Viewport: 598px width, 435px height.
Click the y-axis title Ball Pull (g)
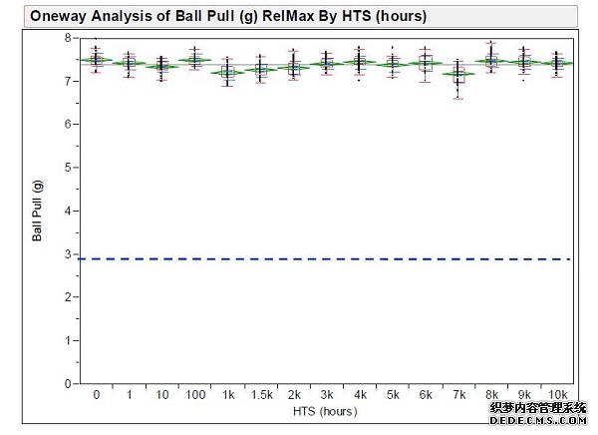pyautogui.click(x=37, y=211)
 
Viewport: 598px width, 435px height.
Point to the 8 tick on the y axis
pyautogui.click(x=68, y=38)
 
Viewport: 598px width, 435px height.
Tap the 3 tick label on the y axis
pyautogui.click(x=68, y=254)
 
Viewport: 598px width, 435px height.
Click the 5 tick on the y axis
pyautogui.click(x=68, y=168)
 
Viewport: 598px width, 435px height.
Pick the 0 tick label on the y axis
pyautogui.click(x=68, y=383)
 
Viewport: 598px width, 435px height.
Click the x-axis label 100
pyautogui.click(x=194, y=396)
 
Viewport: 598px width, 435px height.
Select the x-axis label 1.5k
pyautogui.click(x=260, y=396)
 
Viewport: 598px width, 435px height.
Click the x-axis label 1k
pyautogui.click(x=227, y=396)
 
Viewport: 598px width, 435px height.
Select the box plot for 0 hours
pyautogui.click(x=96, y=60)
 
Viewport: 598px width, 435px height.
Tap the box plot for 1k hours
pyautogui.click(x=227, y=72)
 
